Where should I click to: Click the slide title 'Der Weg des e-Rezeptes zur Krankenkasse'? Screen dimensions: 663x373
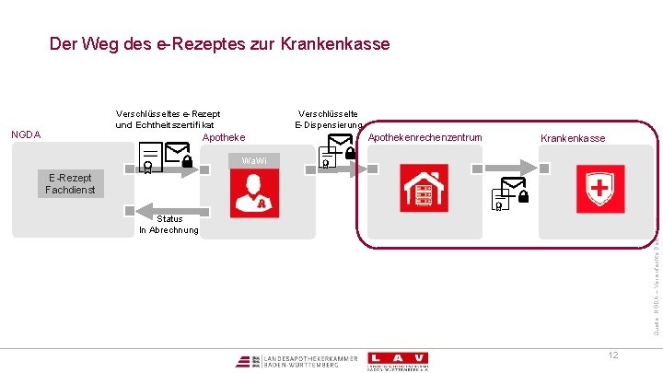[x=219, y=44]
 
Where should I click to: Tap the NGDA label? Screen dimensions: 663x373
[x=26, y=134]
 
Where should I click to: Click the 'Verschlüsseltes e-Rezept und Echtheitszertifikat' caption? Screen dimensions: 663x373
[x=167, y=119]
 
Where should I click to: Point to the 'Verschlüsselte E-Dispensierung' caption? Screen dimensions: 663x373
[x=328, y=119]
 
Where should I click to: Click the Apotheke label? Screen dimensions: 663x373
[x=223, y=137]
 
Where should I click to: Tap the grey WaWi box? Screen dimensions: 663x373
[x=254, y=161]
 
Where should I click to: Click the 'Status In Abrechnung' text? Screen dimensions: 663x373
[x=169, y=224]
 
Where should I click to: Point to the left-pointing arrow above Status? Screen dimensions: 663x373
[x=169, y=206]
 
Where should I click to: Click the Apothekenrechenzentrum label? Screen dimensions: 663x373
[x=425, y=138]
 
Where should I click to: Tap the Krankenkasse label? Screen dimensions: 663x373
[x=573, y=138]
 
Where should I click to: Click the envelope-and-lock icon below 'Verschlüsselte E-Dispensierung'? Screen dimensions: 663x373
[x=336, y=149]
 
